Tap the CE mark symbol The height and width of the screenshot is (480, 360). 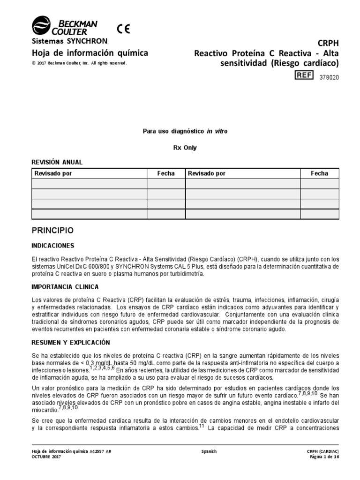coord(124,29)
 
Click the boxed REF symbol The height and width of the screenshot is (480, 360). coord(303,75)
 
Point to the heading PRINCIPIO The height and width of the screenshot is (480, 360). coord(52,231)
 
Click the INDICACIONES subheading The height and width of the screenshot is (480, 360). coord(52,246)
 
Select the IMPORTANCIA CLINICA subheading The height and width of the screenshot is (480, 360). coord(65,286)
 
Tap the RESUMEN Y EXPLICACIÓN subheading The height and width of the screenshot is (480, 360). coord(70,343)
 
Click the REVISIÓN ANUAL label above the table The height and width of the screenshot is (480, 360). coord(57,162)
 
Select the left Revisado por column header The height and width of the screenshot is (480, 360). coord(53,173)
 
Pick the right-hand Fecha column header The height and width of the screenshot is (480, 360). coord(319,173)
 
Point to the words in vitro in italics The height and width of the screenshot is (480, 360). coord(217,132)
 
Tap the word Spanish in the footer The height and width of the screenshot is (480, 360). coord(209,451)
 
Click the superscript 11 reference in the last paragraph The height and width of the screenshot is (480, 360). coord(202,426)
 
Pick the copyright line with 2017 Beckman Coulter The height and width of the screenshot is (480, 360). coord(79,63)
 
